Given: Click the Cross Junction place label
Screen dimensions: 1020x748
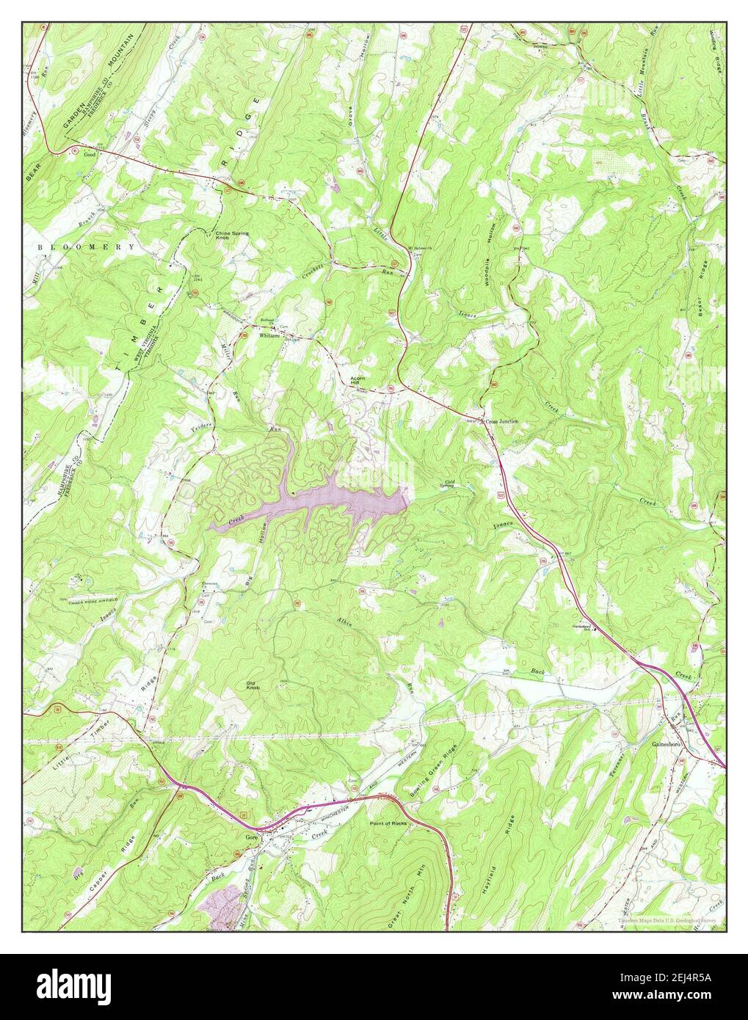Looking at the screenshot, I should [502, 421].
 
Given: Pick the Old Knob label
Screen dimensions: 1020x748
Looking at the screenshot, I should [255, 686].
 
